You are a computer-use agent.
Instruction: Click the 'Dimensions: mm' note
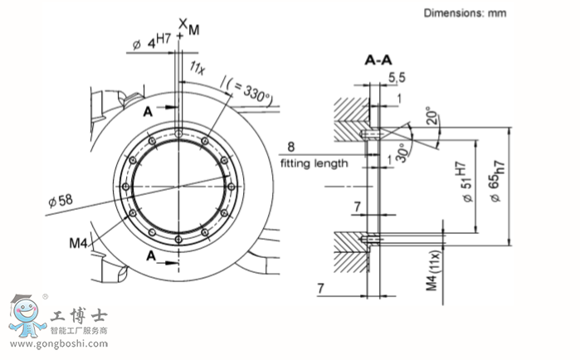coord(465,12)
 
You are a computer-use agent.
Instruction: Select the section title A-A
coord(378,60)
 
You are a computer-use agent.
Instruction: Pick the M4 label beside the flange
coord(79,242)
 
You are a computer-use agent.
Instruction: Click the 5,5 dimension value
coord(396,77)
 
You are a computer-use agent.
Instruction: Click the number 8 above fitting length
coord(291,146)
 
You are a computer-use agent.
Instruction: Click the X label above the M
coord(182,20)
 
